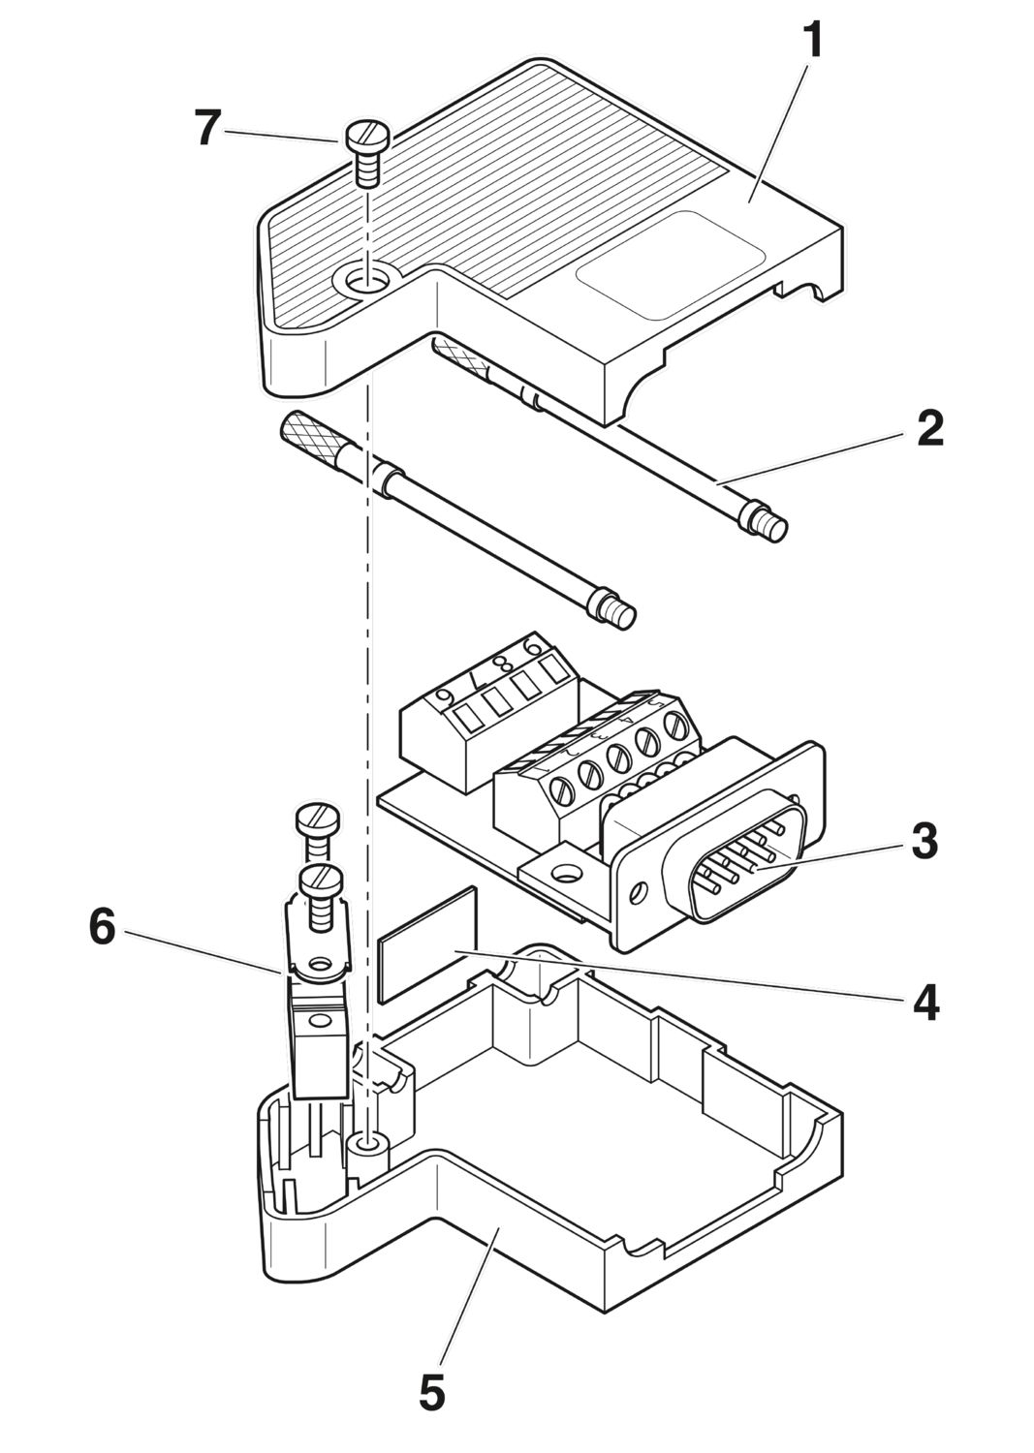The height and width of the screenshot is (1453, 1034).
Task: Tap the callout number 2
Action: (x=929, y=428)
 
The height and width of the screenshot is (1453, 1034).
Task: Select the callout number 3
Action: (x=924, y=841)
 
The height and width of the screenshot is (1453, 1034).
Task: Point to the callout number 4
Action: (x=925, y=1003)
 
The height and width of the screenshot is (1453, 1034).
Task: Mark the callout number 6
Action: (x=102, y=927)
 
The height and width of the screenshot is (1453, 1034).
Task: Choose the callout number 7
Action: (x=207, y=128)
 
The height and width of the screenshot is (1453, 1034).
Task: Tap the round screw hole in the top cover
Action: (x=366, y=282)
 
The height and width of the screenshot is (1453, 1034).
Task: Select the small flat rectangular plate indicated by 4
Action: (x=427, y=941)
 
